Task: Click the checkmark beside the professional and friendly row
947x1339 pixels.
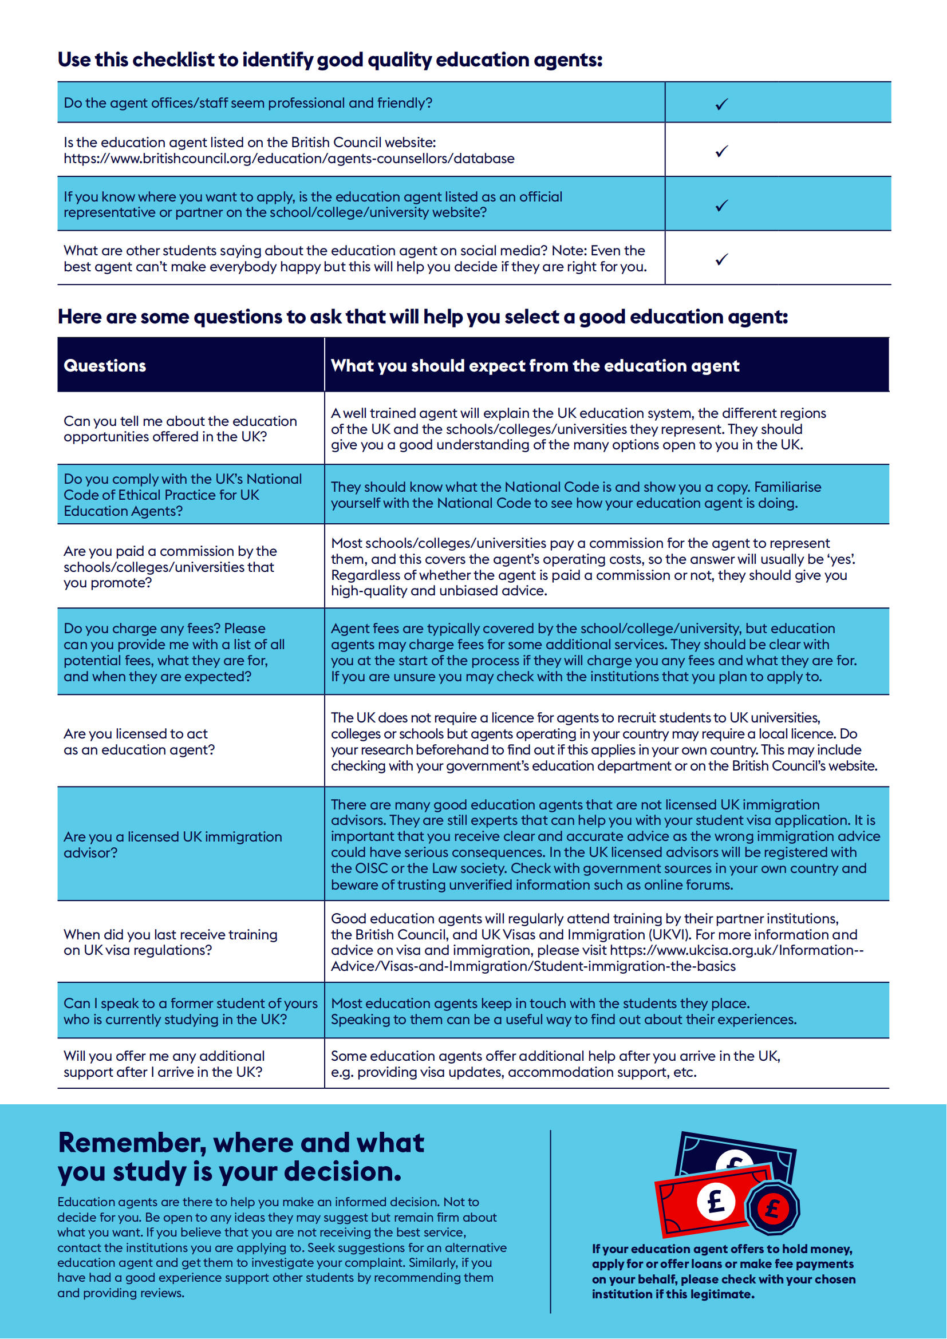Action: click(x=722, y=104)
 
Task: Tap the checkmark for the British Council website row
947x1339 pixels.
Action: click(x=722, y=152)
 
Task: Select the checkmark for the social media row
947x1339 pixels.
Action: click(x=722, y=259)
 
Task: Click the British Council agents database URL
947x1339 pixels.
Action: click(x=289, y=159)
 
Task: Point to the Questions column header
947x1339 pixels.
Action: click(x=105, y=366)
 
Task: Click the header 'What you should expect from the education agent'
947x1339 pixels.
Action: click(x=535, y=366)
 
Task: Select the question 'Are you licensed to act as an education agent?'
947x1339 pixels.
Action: click(x=139, y=742)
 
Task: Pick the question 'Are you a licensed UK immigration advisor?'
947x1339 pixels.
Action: click(x=172, y=844)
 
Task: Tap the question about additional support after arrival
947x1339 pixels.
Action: click(x=164, y=1064)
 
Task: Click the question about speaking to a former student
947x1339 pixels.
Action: click(x=190, y=1011)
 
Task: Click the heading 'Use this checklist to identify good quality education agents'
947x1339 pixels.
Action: click(x=329, y=60)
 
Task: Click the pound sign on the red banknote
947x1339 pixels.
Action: click(x=716, y=1202)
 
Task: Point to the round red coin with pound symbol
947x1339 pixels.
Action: click(x=773, y=1208)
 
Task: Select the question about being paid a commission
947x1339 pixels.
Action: click(x=169, y=567)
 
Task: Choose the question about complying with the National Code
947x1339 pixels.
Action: click(x=183, y=495)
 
